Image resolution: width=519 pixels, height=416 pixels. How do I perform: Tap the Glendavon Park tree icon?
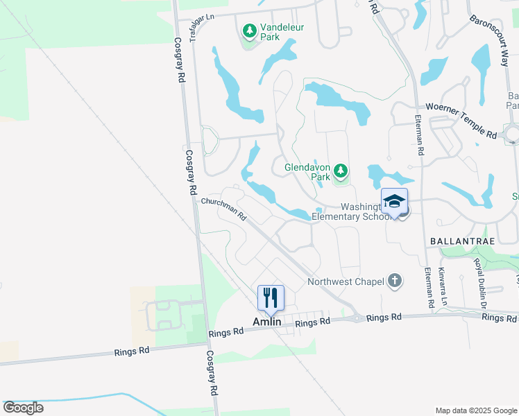pyautogui.click(x=340, y=171)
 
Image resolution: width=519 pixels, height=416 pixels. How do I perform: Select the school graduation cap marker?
pyautogui.click(x=394, y=202)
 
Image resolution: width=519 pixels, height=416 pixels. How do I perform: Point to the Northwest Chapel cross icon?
pyautogui.click(x=394, y=281)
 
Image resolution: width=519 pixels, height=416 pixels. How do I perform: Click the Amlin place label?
pyautogui.click(x=266, y=322)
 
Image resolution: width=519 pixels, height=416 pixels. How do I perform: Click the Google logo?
pyautogui.click(x=23, y=408)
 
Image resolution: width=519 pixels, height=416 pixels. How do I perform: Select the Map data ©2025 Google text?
pyautogui.click(x=475, y=410)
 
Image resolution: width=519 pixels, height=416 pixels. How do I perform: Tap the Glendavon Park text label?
pyautogui.click(x=307, y=172)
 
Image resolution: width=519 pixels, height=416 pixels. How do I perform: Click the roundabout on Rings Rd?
pyautogui.click(x=356, y=318)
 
